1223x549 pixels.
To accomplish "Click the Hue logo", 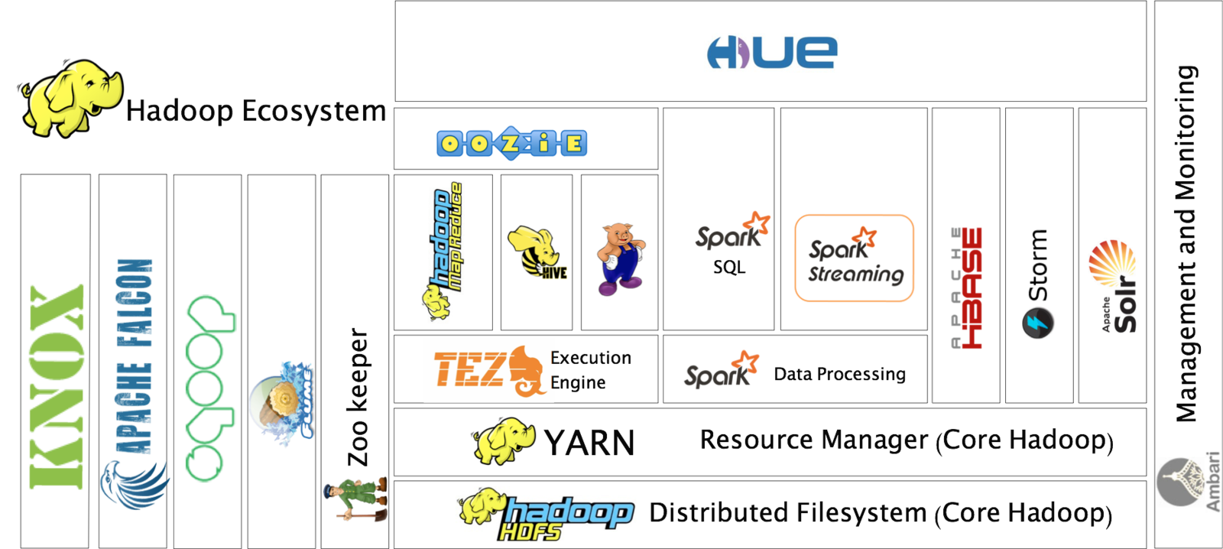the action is click(x=771, y=52).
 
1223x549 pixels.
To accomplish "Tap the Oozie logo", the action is click(x=511, y=143).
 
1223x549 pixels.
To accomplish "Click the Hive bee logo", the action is click(x=537, y=252).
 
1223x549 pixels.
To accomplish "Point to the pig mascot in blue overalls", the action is click(x=621, y=258).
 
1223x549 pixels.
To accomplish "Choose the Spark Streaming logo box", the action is click(x=854, y=258).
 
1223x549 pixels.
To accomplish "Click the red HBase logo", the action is click(x=968, y=287).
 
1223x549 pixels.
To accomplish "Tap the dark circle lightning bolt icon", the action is click(x=1037, y=323).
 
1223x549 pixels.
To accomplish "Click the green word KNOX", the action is click(x=57, y=386).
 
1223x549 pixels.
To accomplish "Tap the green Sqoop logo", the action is click(x=209, y=388).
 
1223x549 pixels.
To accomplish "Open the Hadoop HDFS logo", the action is click(x=546, y=515).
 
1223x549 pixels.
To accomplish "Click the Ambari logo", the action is click(x=1189, y=483).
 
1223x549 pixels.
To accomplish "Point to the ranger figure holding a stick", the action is click(x=355, y=499).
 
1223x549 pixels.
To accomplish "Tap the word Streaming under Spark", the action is click(x=856, y=274).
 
